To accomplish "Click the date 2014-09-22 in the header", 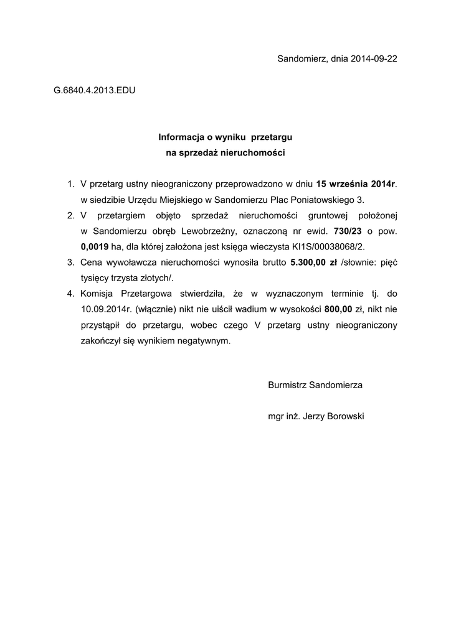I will pyautogui.click(x=374, y=59).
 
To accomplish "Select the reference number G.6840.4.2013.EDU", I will pyautogui.click(x=95, y=90).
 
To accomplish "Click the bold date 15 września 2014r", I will pyautogui.click(x=356, y=184).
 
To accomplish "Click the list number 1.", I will pyautogui.click(x=70, y=184).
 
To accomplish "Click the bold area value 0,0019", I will pyautogui.click(x=94, y=246).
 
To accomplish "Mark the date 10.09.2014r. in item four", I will pyautogui.click(x=105, y=309).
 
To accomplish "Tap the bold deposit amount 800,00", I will pyautogui.click(x=338, y=309).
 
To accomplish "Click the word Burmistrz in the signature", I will pyautogui.click(x=288, y=385).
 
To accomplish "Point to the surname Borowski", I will pyautogui.click(x=341, y=416).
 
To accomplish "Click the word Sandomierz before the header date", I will pyautogui.click(x=301, y=59).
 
